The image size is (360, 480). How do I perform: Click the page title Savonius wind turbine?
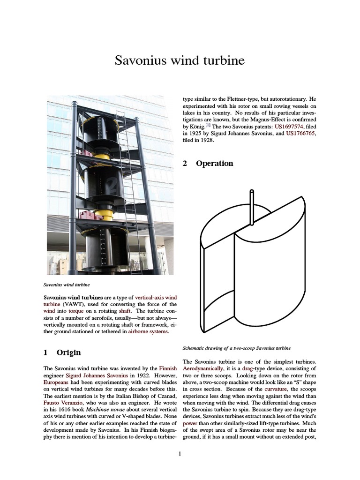click(x=180, y=60)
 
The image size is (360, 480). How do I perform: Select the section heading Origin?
click(x=68, y=352)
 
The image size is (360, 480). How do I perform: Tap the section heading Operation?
click(x=214, y=164)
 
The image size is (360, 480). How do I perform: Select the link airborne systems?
click(x=146, y=332)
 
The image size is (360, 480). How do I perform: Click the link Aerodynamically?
click(x=203, y=369)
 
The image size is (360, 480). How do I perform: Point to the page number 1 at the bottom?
click(x=180, y=453)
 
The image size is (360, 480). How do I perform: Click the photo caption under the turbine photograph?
click(x=67, y=285)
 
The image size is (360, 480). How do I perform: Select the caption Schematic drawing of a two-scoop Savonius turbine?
click(x=236, y=348)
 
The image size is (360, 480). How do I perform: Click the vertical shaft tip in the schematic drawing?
click(x=252, y=192)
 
